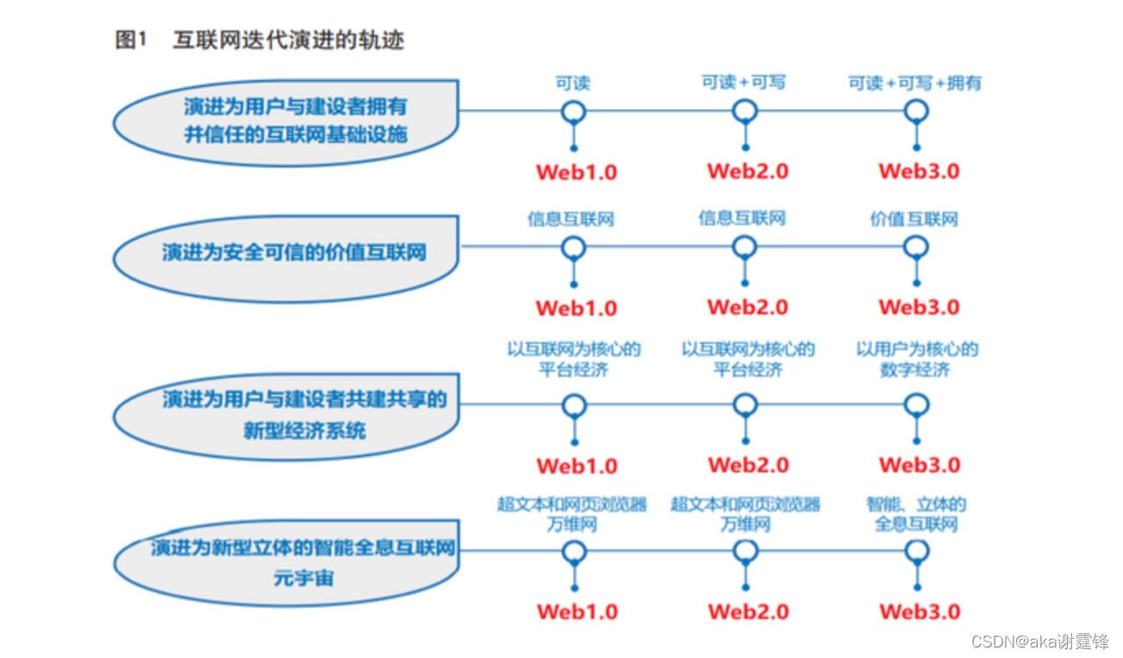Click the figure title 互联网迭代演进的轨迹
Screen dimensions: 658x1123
point(289,40)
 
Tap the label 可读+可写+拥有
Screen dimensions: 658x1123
point(914,83)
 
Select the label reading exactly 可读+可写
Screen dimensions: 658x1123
point(743,82)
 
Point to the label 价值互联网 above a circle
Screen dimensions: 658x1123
point(914,218)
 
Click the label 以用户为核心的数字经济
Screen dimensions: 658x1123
point(917,360)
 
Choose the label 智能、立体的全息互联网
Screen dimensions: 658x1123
point(916,515)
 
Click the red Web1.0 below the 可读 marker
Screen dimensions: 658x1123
point(576,171)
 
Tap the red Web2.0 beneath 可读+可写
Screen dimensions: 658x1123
point(747,171)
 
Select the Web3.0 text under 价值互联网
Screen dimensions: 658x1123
point(919,307)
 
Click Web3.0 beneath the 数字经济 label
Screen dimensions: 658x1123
point(919,465)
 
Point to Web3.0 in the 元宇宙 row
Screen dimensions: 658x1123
point(919,612)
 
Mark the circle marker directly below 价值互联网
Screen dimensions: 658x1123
point(916,247)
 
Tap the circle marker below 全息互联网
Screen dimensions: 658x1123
point(916,550)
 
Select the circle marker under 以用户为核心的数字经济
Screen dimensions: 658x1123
point(916,404)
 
